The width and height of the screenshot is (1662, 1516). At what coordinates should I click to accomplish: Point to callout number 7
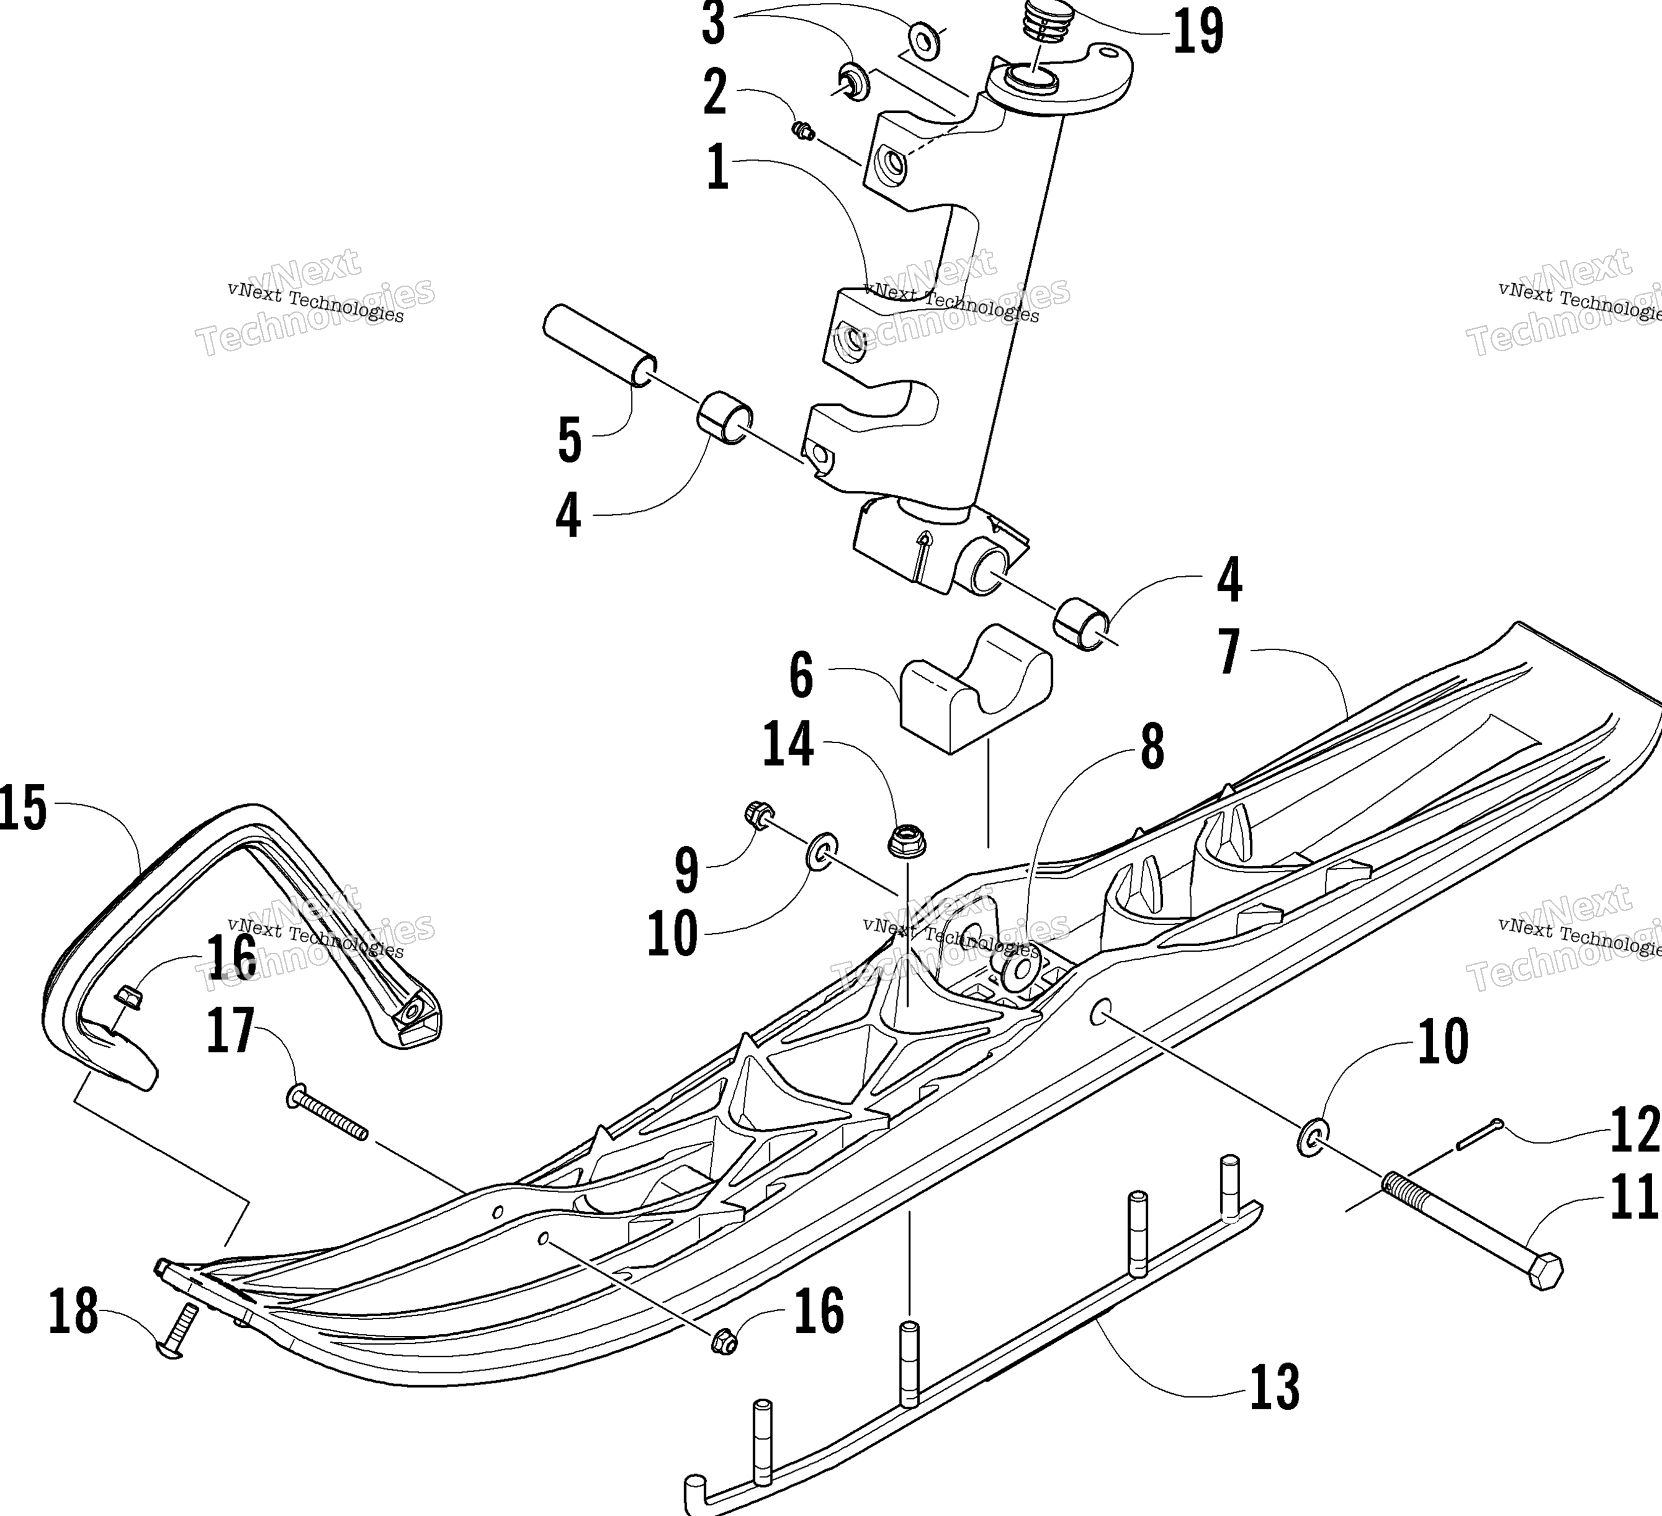[1229, 652]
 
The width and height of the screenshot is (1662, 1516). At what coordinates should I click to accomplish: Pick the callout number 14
[788, 745]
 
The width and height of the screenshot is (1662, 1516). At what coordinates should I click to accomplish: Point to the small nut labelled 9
[758, 815]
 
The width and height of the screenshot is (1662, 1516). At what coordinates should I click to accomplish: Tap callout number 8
[1152, 747]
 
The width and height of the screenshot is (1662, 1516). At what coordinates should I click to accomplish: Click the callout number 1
[718, 167]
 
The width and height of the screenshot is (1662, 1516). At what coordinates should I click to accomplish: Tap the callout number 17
[231, 1031]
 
